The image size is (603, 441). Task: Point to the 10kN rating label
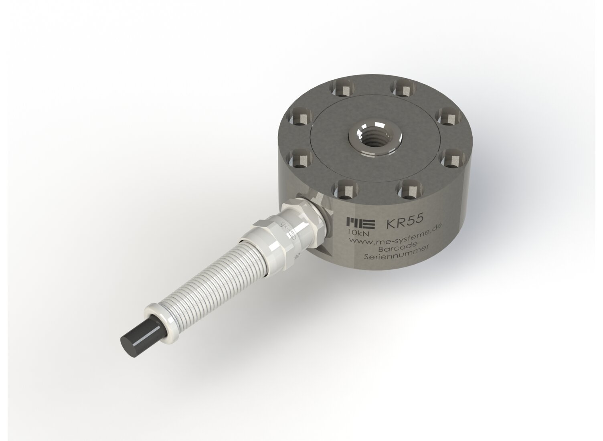coord(355,234)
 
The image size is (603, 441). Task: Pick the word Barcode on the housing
coord(388,246)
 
